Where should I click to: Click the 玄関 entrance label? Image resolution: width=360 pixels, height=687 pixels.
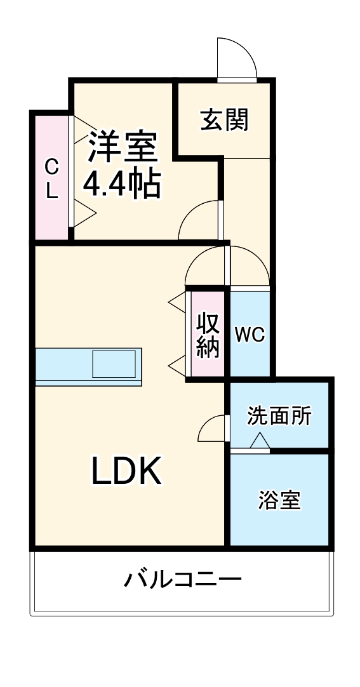[224, 119]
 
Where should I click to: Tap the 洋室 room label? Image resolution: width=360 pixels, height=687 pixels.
[122, 147]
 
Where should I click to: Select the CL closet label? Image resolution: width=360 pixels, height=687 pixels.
[51, 180]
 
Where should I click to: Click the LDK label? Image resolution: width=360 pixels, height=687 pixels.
[126, 471]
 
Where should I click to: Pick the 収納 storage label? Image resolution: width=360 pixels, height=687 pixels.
[207, 335]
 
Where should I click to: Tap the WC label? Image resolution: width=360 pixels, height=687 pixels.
[250, 335]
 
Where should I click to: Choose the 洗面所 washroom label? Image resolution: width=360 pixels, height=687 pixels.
[279, 416]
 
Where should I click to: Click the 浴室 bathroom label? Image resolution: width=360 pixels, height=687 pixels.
[279, 500]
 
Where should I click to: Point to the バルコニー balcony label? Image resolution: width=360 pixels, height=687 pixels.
[182, 580]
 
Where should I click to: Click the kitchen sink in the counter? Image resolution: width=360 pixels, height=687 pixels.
[114, 365]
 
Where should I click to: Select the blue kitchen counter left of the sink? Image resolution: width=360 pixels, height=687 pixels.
[63, 366]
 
